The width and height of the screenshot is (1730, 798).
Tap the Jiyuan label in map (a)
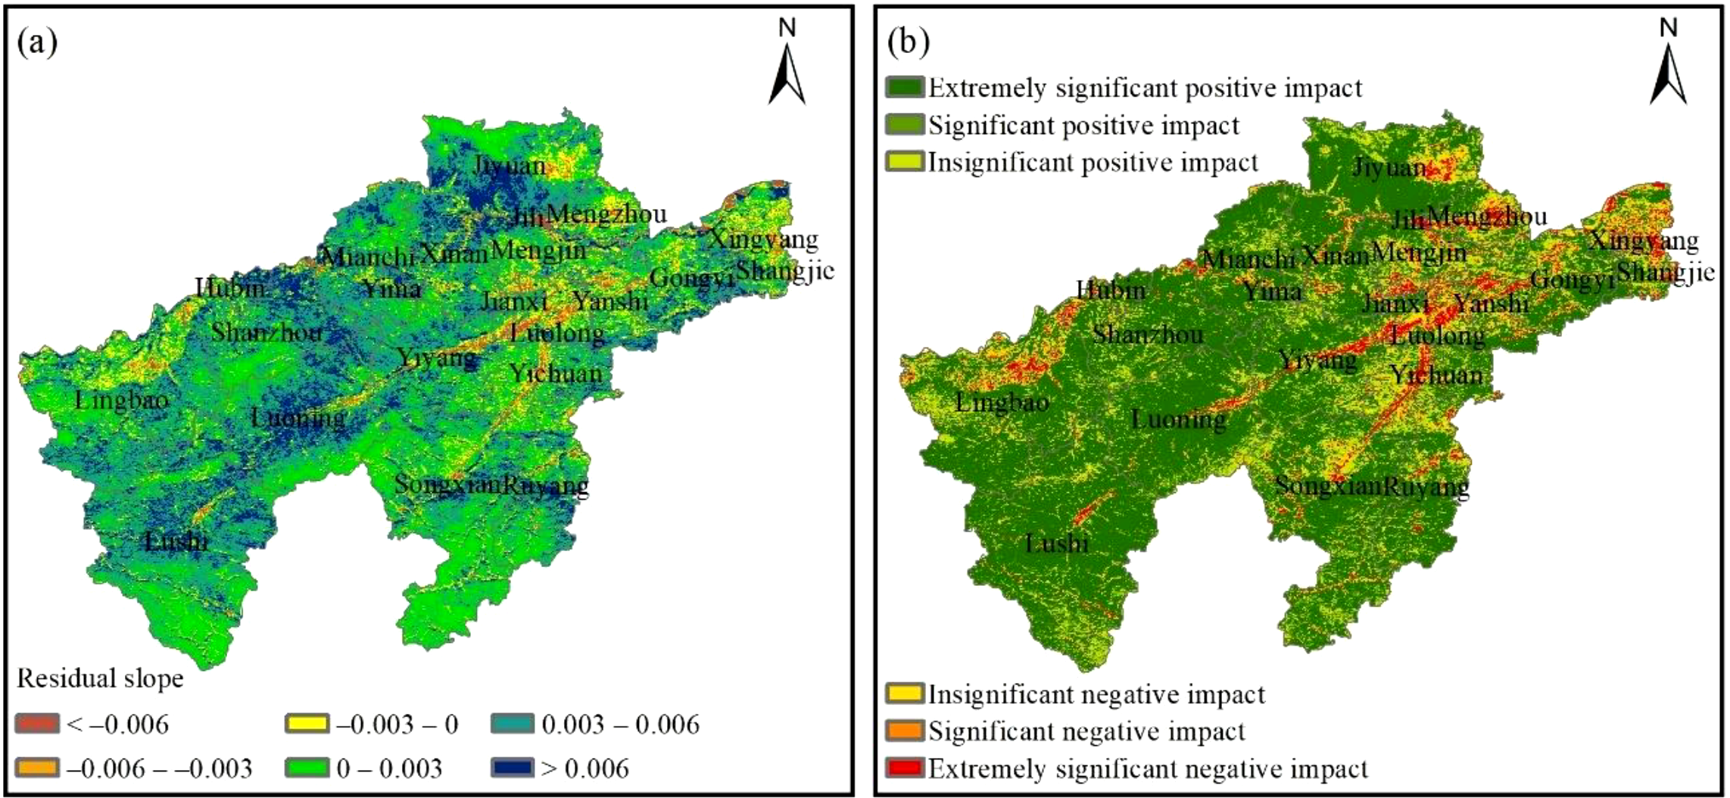click(509, 165)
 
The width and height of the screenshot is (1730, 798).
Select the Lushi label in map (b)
click(1057, 543)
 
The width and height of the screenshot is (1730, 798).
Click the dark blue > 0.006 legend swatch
click(513, 768)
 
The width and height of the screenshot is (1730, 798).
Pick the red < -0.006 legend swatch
click(37, 724)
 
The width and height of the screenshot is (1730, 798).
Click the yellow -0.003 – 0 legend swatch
click(307, 724)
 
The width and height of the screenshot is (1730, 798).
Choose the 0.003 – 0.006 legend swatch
click(513, 724)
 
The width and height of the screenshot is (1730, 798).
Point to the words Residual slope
click(100, 678)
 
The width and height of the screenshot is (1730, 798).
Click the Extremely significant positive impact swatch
click(905, 87)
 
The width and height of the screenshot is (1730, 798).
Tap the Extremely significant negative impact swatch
click(905, 768)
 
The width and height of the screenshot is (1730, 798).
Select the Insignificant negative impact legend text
click(1096, 694)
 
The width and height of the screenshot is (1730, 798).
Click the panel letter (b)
click(908, 43)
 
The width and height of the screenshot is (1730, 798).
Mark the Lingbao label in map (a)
click(121, 400)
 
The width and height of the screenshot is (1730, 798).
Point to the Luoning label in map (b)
click(1178, 418)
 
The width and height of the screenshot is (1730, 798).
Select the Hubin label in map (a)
click(230, 288)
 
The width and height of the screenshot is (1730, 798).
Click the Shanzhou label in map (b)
click(1148, 334)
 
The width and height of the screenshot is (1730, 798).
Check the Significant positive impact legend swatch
click(905, 124)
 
